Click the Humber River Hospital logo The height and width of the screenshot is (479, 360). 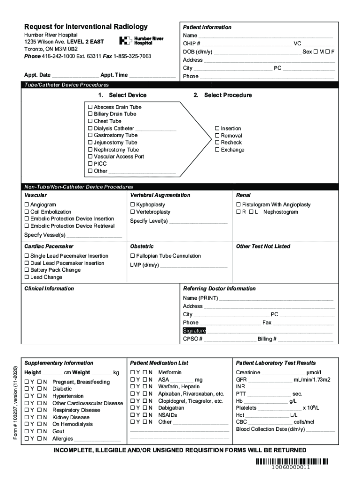click(x=141, y=41)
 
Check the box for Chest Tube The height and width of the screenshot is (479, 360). click(x=91, y=121)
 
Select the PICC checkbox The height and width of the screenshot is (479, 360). click(x=91, y=164)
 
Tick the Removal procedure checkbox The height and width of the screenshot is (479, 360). click(x=217, y=136)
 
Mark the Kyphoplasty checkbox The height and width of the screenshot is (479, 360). click(x=133, y=205)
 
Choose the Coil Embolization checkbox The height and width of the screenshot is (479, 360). click(x=27, y=212)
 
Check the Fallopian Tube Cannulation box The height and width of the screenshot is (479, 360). click(x=133, y=256)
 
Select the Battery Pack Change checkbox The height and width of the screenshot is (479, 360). click(x=27, y=270)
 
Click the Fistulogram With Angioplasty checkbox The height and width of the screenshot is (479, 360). click(x=238, y=205)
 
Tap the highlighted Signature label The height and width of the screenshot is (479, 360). click(x=194, y=331)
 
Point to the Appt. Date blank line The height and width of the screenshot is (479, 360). click(x=75, y=75)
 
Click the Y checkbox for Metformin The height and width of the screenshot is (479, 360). click(x=133, y=372)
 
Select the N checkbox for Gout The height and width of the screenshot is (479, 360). click(x=39, y=431)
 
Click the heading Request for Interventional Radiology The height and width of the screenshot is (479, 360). click(x=86, y=27)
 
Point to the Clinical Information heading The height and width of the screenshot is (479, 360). click(x=49, y=289)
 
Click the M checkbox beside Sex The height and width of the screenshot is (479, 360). click(x=316, y=52)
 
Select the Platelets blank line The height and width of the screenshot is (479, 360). click(x=280, y=408)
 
